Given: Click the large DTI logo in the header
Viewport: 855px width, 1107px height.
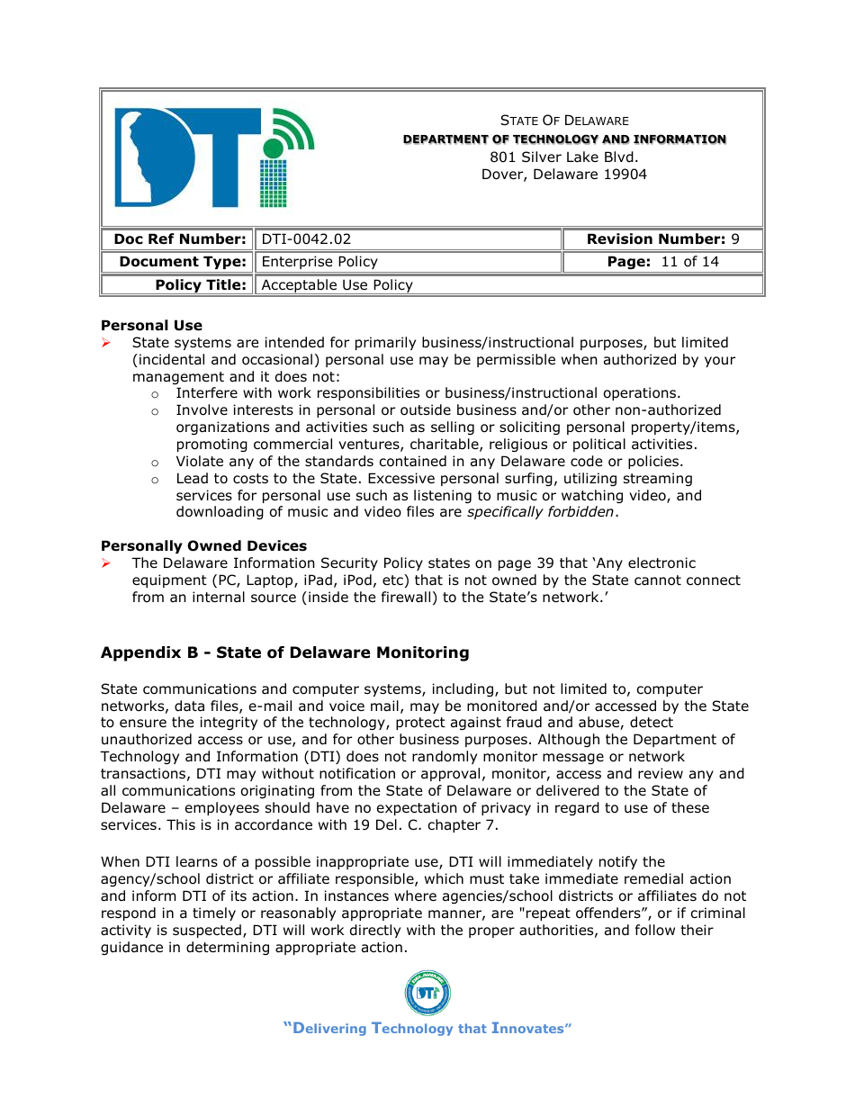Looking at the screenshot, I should click(214, 157).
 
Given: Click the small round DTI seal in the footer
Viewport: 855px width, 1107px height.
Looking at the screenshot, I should click(427, 994).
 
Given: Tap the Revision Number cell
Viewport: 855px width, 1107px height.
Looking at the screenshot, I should click(662, 239).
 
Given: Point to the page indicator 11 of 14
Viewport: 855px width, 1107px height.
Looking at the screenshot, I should click(662, 262).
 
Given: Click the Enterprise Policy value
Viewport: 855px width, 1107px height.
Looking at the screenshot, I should click(319, 262).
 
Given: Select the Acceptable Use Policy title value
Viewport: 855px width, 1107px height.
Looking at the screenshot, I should click(337, 285).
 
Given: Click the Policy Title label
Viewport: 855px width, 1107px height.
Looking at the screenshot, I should click(200, 285).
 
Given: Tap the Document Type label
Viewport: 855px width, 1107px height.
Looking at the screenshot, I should click(183, 262).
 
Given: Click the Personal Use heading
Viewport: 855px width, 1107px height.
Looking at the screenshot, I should click(151, 326).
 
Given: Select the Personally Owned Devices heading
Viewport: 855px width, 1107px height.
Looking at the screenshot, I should click(203, 546).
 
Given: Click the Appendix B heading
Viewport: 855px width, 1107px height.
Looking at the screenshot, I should click(284, 652).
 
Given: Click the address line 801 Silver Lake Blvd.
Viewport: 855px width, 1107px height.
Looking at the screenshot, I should click(564, 157).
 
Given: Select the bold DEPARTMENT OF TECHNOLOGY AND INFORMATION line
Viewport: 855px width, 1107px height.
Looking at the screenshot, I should click(564, 139).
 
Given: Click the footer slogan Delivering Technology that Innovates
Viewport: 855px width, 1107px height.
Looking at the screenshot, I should click(427, 1029).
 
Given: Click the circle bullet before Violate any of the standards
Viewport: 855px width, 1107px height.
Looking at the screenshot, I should click(155, 463).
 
